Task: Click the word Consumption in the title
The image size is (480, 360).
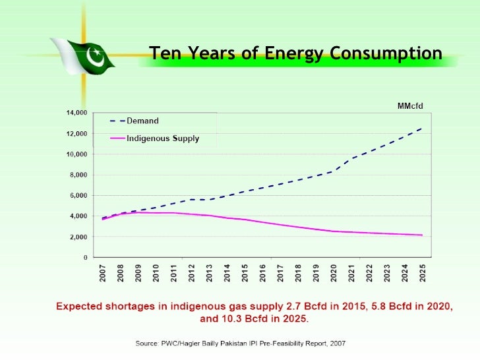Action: click(382, 53)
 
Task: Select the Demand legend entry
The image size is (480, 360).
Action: click(142, 121)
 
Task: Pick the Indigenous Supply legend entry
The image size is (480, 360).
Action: click(162, 138)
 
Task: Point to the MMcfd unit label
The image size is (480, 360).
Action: click(410, 105)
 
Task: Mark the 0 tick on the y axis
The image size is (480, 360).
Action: click(86, 257)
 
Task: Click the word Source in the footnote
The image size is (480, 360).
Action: click(148, 344)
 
